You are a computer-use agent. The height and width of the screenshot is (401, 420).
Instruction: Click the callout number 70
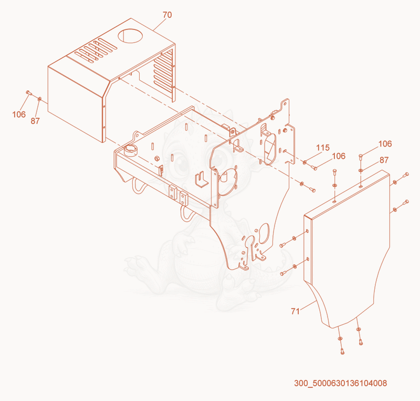coord(167,15)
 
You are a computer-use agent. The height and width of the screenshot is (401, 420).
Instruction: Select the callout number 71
coord(295,312)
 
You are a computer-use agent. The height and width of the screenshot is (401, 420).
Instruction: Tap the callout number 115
coord(323,148)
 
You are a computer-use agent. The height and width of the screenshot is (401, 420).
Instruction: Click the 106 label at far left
coord(19,115)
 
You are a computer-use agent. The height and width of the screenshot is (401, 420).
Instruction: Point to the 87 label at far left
coord(35,121)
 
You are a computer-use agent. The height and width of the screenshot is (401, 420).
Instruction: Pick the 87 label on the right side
coord(384,160)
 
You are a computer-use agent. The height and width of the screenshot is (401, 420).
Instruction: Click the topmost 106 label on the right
coord(385,144)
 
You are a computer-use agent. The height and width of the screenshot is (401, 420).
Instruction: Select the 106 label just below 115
coord(339,156)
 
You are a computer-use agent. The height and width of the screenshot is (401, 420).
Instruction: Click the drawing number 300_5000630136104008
coord(340,383)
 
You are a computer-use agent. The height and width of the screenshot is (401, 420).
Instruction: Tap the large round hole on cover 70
coord(130,36)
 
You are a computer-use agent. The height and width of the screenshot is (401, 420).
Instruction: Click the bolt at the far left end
coord(29,93)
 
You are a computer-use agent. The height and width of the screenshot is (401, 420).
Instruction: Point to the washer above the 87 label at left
coord(40,99)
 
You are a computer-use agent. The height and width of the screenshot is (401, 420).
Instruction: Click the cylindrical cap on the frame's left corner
coord(130,150)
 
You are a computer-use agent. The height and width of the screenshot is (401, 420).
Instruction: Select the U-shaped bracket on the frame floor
coord(202,180)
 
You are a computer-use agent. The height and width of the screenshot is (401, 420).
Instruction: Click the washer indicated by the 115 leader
coord(304,162)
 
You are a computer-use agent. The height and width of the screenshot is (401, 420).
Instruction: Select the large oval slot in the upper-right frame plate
coord(270,149)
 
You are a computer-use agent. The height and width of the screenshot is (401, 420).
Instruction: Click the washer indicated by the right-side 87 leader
coord(361,170)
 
